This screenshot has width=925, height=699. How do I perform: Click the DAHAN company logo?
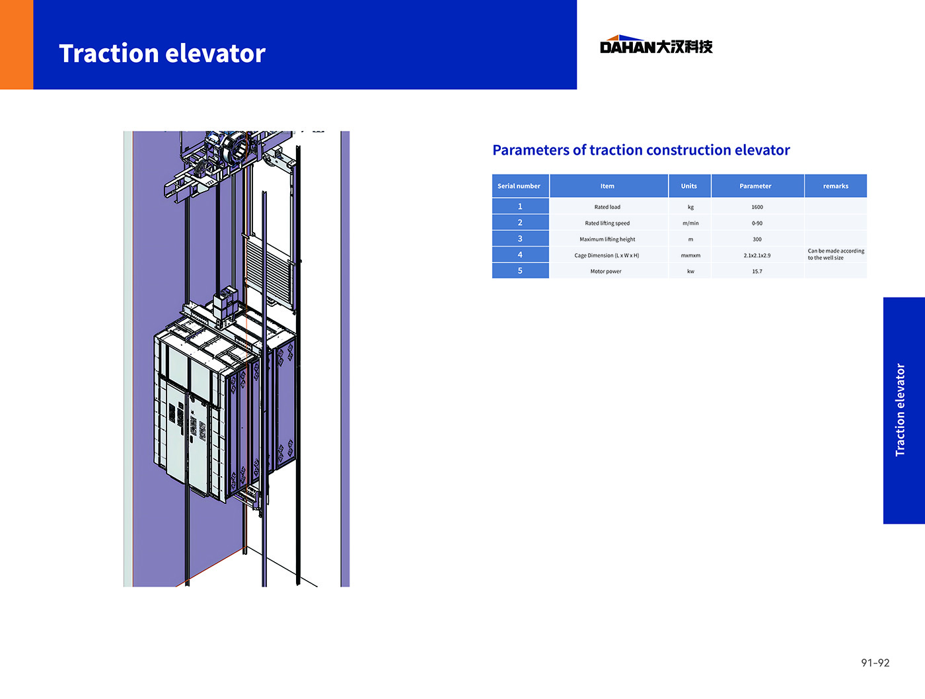pos(656,45)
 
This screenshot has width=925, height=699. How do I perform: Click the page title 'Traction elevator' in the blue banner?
pos(163,54)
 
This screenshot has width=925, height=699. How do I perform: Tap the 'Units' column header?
pos(689,186)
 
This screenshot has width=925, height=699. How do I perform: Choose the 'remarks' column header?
pos(836,186)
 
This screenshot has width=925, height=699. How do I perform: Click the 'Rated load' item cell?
pos(607,207)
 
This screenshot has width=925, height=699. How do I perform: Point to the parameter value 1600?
pos(757,207)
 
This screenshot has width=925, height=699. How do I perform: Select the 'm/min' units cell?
pos(690,223)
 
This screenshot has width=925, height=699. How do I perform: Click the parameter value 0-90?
pos(757,223)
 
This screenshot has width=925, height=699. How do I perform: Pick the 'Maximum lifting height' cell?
pos(607,239)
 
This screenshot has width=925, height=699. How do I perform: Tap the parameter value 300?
pos(757,239)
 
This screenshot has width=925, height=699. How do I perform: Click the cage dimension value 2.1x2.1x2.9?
pos(757,255)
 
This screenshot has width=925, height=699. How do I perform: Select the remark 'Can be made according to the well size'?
pos(836,254)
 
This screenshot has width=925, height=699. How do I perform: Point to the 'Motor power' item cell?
pos(606,271)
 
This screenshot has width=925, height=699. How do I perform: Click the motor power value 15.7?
pos(757,271)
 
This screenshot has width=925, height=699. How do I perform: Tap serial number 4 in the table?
pos(520,255)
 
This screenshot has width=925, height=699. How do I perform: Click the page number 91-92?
pos(875,663)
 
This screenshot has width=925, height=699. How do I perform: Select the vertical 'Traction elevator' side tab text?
pos(900,410)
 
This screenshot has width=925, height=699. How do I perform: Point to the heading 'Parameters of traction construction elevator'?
pos(641,150)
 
